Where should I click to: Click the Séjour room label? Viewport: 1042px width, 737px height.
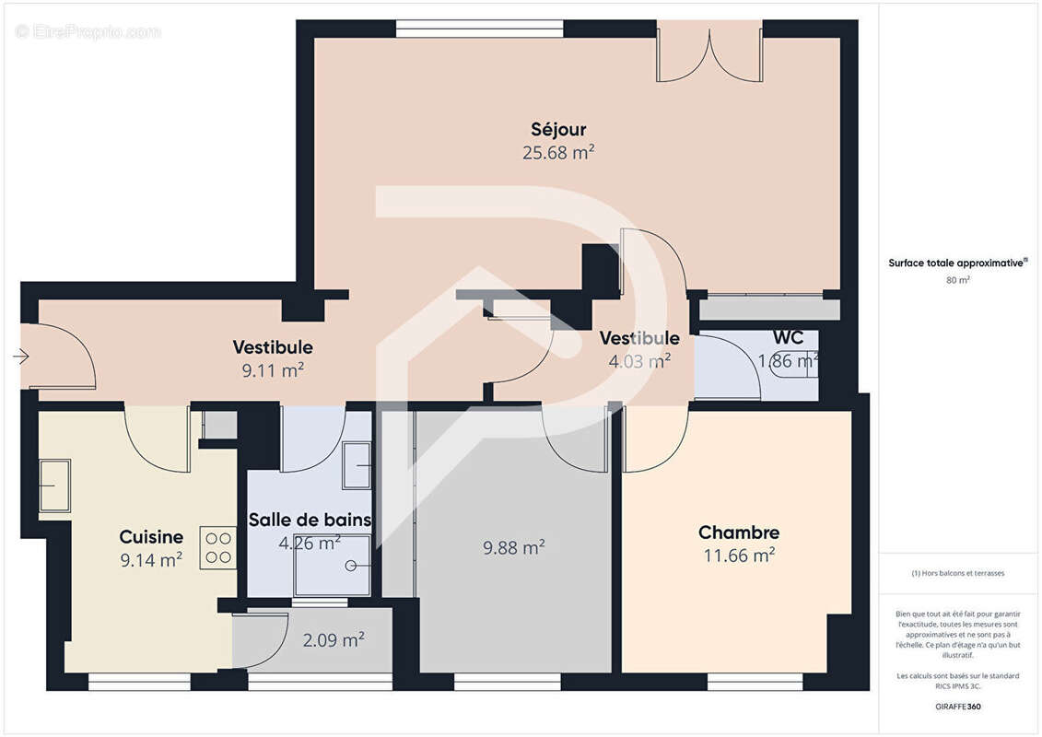557,130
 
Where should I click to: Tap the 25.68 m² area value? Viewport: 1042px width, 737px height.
557,153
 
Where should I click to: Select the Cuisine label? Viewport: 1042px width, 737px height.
151,536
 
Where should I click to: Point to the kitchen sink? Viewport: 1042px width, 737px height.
53,485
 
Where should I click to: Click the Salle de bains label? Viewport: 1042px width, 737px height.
310,520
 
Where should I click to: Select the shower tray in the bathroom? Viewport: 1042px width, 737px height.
334,567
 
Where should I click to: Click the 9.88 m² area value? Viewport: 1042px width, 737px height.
514,548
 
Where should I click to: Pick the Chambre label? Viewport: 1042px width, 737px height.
738,532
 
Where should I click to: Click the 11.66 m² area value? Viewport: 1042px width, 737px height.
738,556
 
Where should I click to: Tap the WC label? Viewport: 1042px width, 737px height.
788,338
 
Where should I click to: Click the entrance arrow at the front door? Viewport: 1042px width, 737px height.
21,356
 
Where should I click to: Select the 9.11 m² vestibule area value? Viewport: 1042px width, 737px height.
272,370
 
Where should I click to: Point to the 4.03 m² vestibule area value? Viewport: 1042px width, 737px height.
638,361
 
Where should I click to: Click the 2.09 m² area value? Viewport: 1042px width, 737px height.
334,640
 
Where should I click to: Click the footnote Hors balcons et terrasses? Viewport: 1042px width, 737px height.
958,573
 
